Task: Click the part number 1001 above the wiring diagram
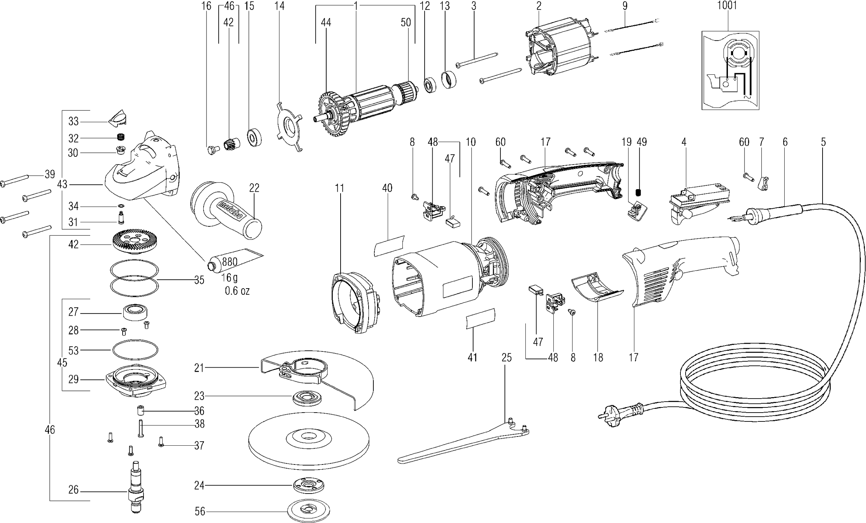pyautogui.click(x=727, y=6)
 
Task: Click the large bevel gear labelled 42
pyautogui.click(x=134, y=241)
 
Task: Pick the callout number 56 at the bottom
pyautogui.click(x=200, y=512)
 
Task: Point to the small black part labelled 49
pyautogui.click(x=639, y=193)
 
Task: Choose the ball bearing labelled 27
pyautogui.click(x=135, y=312)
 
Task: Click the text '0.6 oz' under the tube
pyautogui.click(x=237, y=291)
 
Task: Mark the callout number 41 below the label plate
pyautogui.click(x=472, y=357)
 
